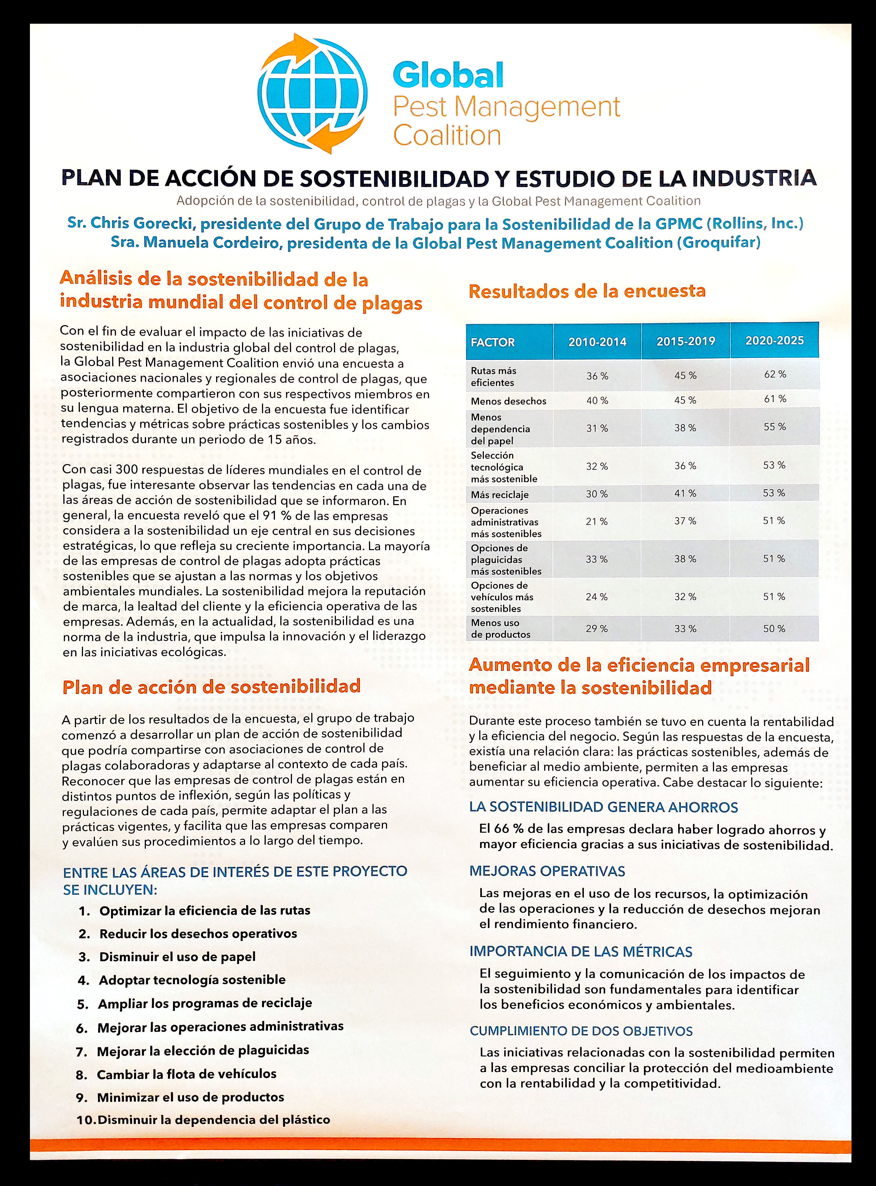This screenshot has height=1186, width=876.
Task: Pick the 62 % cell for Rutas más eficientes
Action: click(x=775, y=374)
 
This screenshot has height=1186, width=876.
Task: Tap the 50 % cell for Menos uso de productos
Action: click(x=774, y=629)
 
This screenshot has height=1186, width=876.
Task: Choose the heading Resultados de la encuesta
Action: click(x=587, y=291)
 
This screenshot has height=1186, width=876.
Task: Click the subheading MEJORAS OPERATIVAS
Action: click(x=547, y=871)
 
